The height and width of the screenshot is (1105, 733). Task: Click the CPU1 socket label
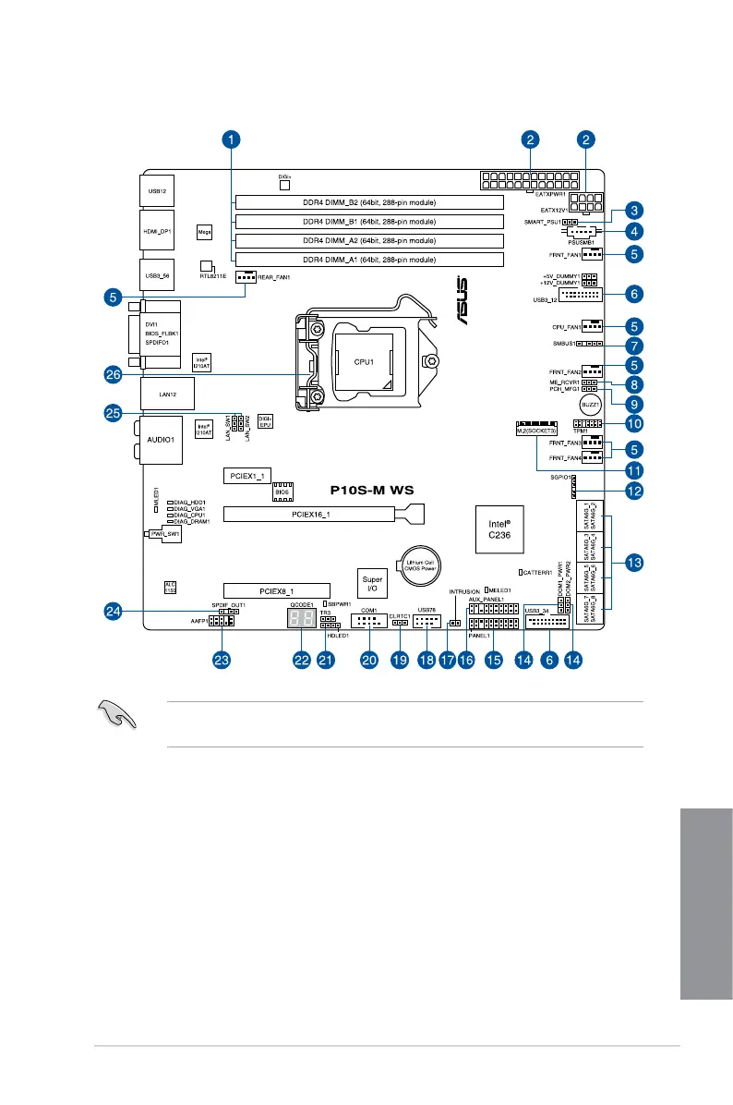(x=363, y=362)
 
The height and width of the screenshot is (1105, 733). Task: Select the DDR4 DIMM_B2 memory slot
(x=368, y=201)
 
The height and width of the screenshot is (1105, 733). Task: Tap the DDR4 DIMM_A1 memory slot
(x=368, y=261)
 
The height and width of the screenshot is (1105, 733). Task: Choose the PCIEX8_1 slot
(x=275, y=589)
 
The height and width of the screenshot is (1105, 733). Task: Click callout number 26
(x=114, y=374)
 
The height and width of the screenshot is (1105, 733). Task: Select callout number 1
(x=231, y=140)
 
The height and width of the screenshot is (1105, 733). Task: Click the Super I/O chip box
(x=372, y=583)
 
